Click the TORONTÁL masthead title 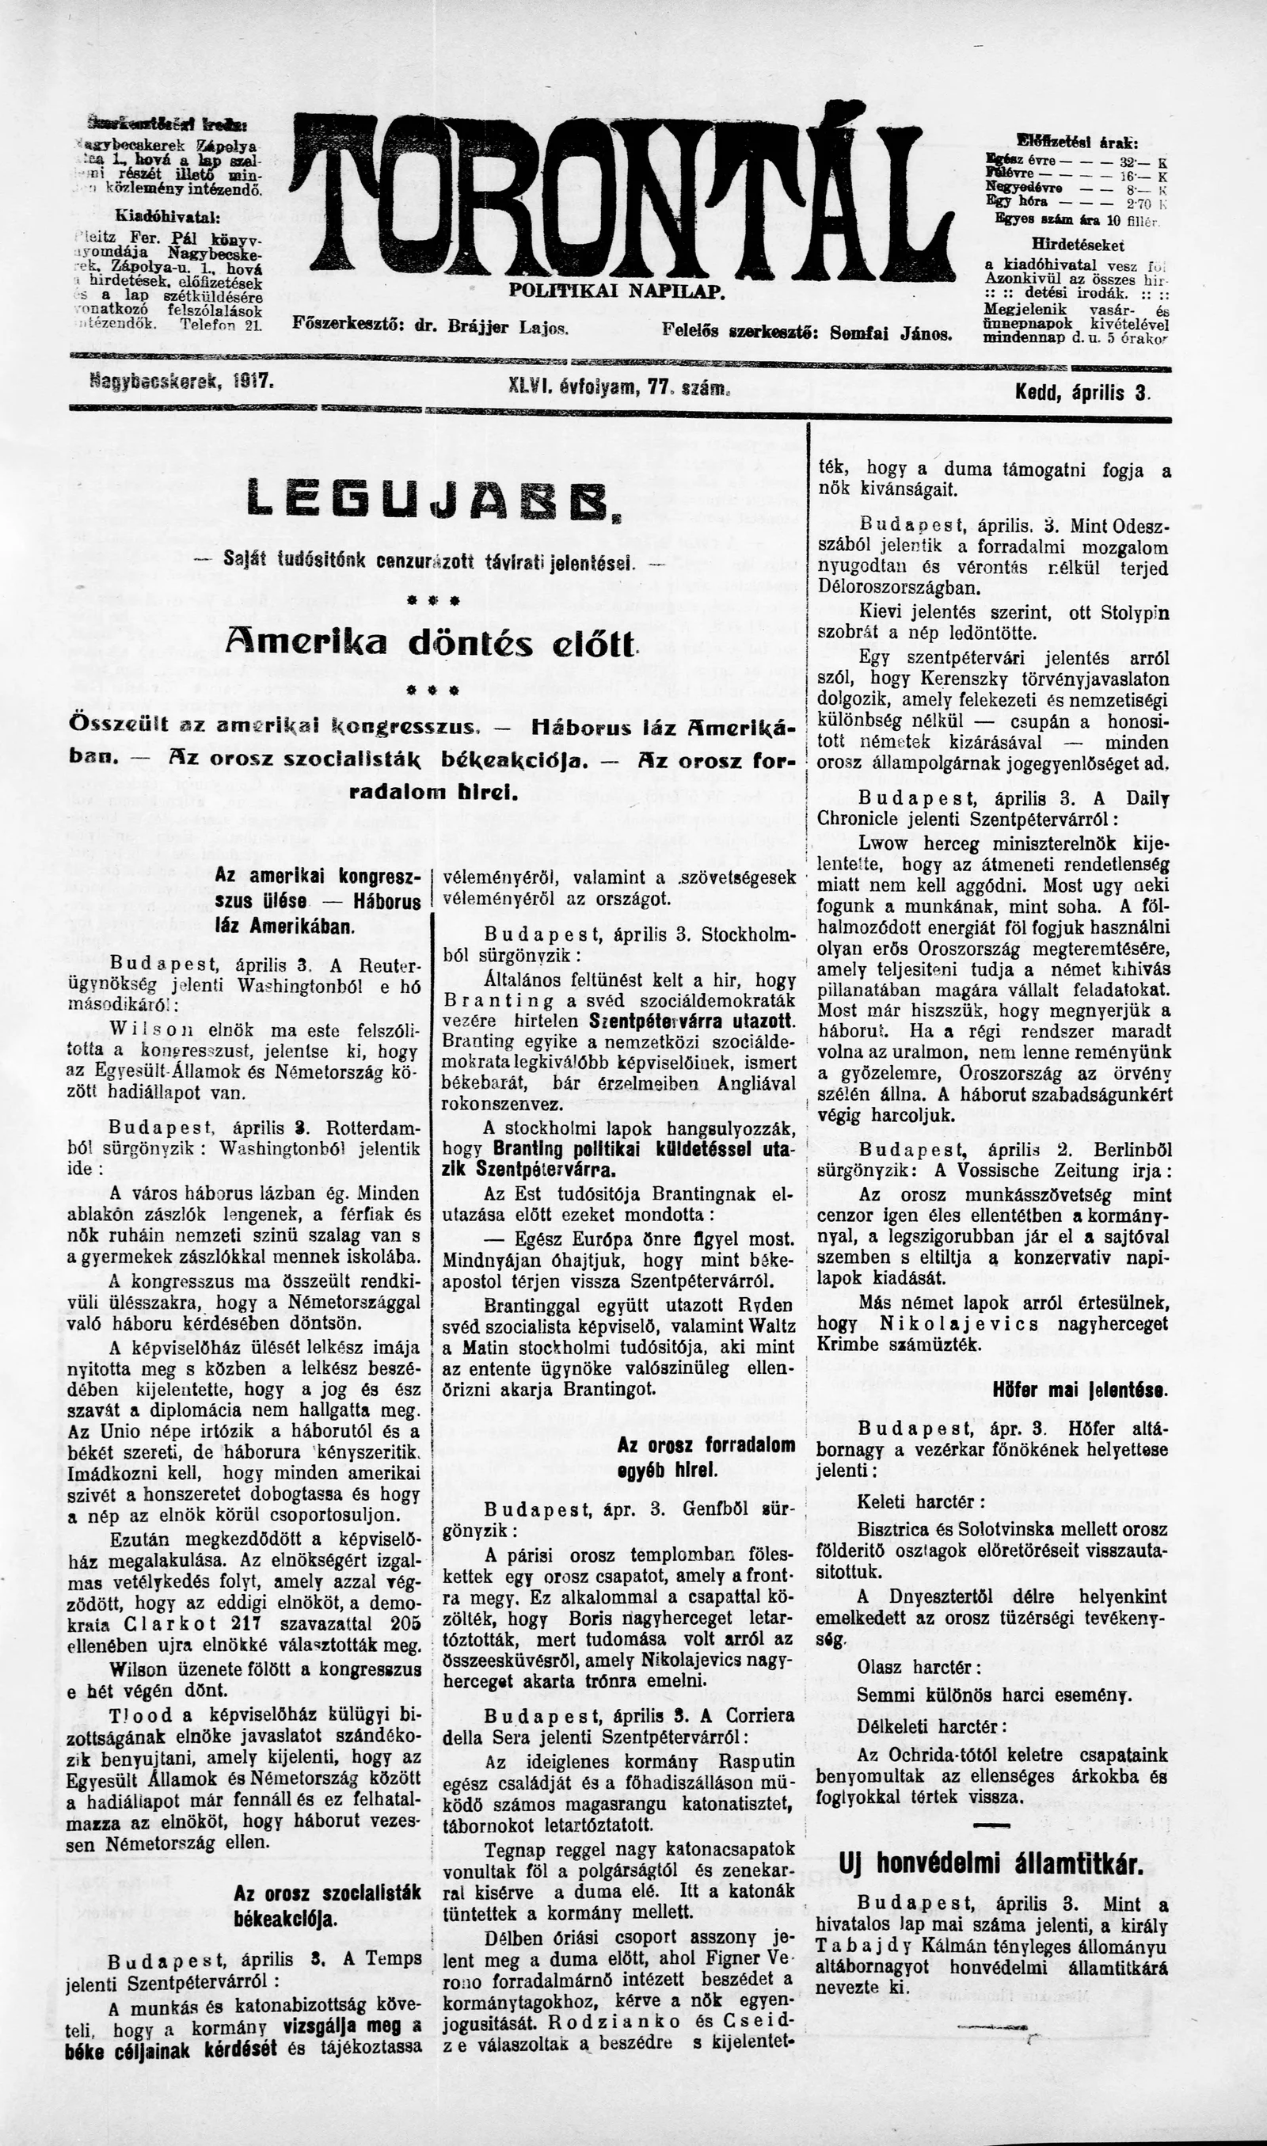pyautogui.click(x=622, y=193)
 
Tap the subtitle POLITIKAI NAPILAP pyautogui.click(x=616, y=291)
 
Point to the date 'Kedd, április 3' pyautogui.click(x=1082, y=394)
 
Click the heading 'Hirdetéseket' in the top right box pyautogui.click(x=1078, y=244)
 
